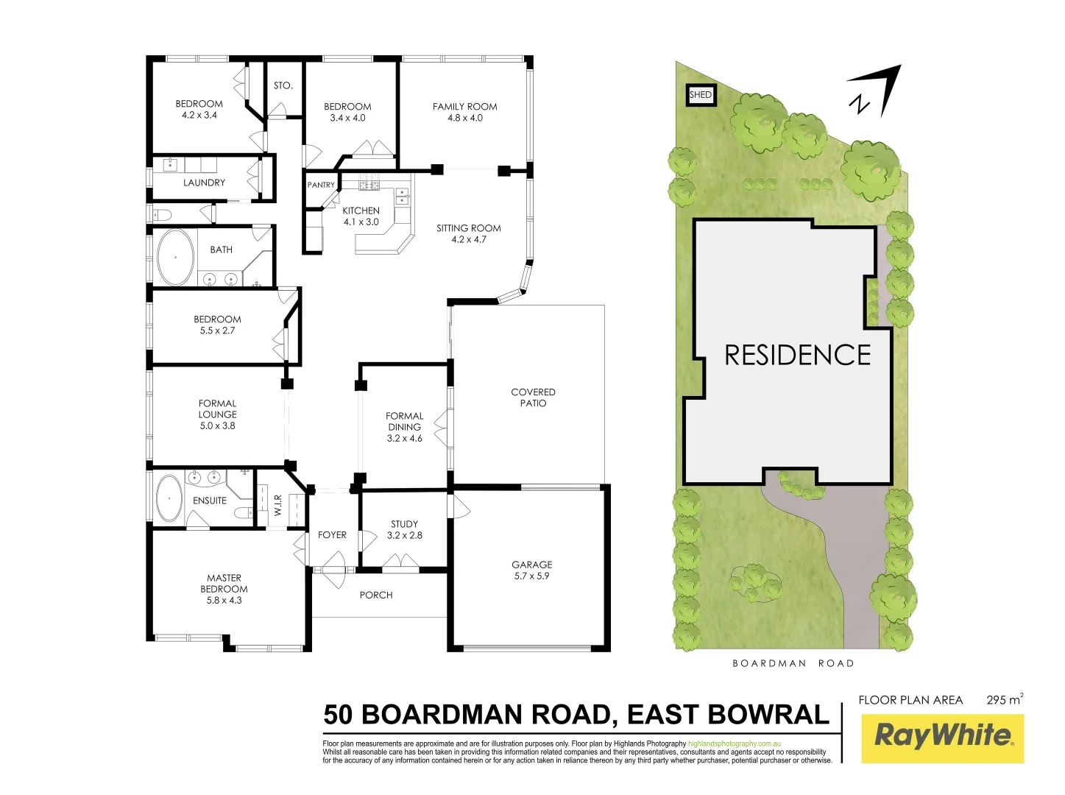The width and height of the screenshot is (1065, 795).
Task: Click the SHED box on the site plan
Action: pyautogui.click(x=701, y=95)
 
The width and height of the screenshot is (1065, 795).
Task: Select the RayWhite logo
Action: pyautogui.click(x=943, y=736)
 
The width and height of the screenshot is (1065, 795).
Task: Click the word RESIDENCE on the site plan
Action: pyautogui.click(x=797, y=356)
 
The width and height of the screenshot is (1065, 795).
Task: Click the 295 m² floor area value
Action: pyautogui.click(x=1004, y=699)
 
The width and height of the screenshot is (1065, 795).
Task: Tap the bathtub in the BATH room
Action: pyautogui.click(x=175, y=257)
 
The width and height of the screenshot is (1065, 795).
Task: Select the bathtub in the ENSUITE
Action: pyautogui.click(x=169, y=498)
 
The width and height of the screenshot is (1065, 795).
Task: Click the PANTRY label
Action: pyautogui.click(x=321, y=185)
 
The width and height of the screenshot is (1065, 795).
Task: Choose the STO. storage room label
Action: pyautogui.click(x=283, y=85)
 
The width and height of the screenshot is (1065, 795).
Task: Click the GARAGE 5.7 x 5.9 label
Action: pyautogui.click(x=531, y=570)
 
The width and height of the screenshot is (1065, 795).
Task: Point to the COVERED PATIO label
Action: pyautogui.click(x=533, y=397)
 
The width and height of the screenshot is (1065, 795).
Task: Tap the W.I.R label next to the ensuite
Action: pyautogui.click(x=278, y=505)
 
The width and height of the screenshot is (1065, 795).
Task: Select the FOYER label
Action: pyautogui.click(x=332, y=535)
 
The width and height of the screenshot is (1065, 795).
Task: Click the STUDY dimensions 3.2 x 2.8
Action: pyautogui.click(x=405, y=536)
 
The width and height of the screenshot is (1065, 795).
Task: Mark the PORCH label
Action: pyautogui.click(x=376, y=595)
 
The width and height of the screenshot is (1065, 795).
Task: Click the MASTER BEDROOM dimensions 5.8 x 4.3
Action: pyautogui.click(x=224, y=601)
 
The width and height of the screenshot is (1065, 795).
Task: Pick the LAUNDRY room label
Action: pyautogui.click(x=204, y=183)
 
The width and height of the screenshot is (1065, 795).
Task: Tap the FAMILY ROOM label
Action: pyautogui.click(x=464, y=107)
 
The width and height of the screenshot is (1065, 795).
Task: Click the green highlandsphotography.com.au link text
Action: pyautogui.click(x=734, y=744)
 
